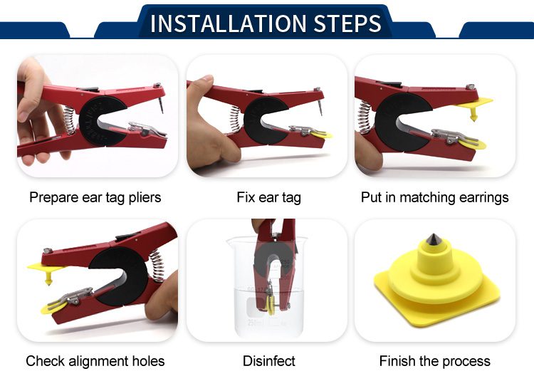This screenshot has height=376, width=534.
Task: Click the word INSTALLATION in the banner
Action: click(x=229, y=23)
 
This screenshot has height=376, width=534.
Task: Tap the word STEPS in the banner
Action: click(x=347, y=23)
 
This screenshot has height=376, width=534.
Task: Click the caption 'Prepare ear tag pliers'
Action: click(x=95, y=197)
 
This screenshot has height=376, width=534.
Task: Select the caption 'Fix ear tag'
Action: click(x=268, y=197)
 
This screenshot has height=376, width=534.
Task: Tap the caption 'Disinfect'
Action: click(x=268, y=361)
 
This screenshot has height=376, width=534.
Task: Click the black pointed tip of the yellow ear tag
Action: click(x=434, y=239)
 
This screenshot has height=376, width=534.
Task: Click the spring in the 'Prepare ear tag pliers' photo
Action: click(x=69, y=120)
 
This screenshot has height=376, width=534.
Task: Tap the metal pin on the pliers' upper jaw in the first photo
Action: click(x=161, y=105)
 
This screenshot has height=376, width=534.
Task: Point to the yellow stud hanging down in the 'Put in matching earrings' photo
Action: click(x=473, y=115)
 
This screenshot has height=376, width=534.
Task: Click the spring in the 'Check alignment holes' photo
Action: click(x=157, y=266)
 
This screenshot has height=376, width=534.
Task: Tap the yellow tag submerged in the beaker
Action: click(x=271, y=305)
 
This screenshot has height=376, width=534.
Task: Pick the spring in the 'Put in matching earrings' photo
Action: click(x=365, y=117)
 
